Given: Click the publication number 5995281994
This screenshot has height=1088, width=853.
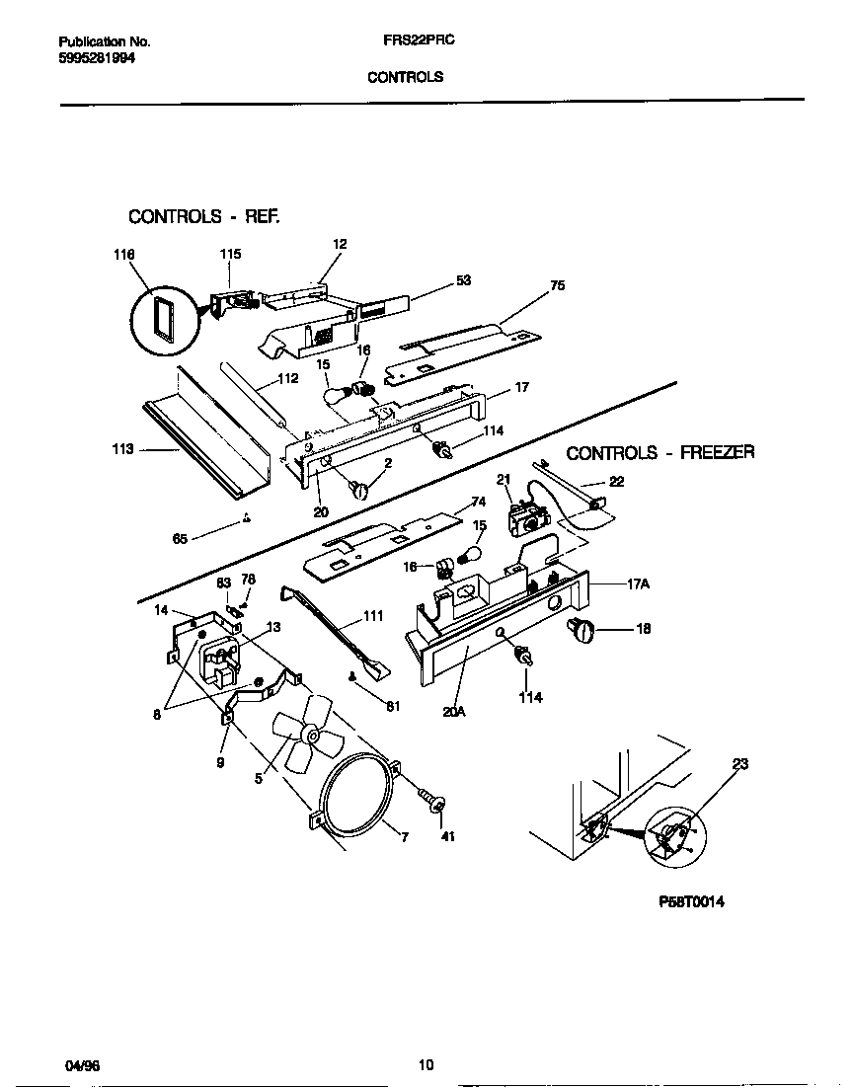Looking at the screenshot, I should tap(97, 58).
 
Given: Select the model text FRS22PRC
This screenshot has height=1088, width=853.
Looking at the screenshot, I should tap(411, 42).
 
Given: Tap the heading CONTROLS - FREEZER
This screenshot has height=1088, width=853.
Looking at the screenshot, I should tap(659, 453).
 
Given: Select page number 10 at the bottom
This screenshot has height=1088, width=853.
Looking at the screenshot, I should tap(426, 1064).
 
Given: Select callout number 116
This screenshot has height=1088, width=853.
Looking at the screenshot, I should tap(123, 255).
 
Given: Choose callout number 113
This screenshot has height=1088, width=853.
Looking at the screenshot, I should tap(123, 449).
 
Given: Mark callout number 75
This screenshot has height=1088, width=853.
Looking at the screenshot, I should tap(558, 285).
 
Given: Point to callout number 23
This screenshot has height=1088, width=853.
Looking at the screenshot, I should tap(740, 763).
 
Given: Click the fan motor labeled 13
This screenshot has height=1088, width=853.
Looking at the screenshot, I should tap(220, 658).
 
